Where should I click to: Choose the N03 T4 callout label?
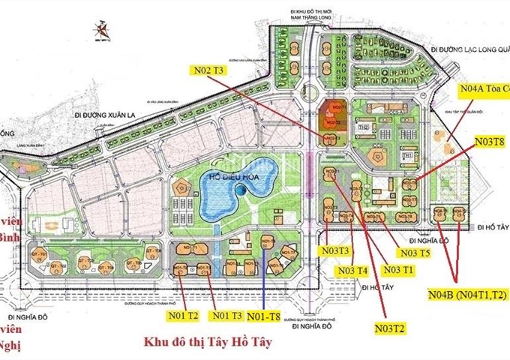coord(352,270)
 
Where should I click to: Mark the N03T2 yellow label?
coord(391,328)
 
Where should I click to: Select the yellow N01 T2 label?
coord(182,315)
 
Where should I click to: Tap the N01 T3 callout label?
coord(227,315)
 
